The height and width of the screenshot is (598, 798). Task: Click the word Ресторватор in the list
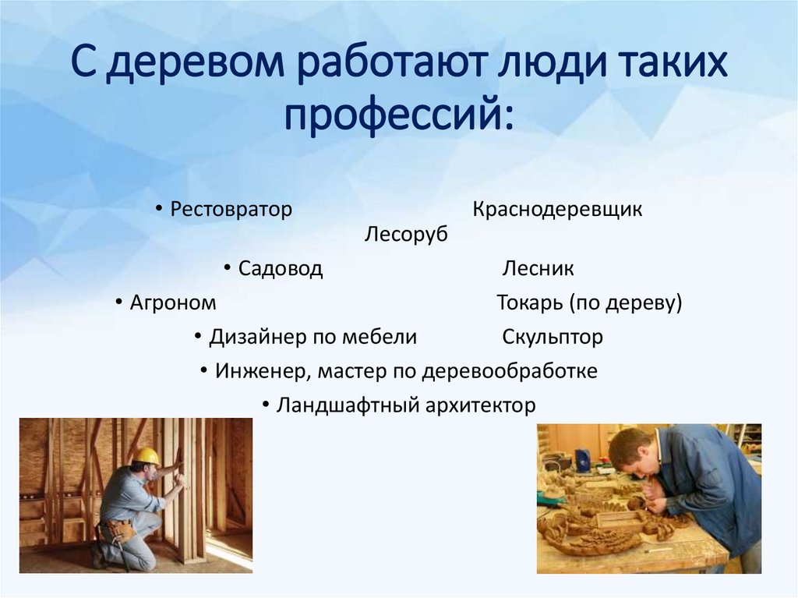(231, 210)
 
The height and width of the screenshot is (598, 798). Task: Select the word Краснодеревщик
(557, 210)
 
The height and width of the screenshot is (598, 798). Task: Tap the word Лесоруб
(406, 234)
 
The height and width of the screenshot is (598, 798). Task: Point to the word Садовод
(280, 270)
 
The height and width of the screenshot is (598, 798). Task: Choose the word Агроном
(173, 303)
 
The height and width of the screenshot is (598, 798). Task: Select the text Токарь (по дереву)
(589, 303)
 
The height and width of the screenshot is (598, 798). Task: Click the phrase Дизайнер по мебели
(313, 338)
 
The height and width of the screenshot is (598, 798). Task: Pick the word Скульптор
(553, 338)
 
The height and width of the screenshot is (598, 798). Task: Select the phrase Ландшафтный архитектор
(406, 405)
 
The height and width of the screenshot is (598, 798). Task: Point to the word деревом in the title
(200, 67)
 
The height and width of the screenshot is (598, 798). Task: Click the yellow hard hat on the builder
(146, 456)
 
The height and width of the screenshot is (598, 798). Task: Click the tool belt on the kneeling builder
(119, 529)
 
